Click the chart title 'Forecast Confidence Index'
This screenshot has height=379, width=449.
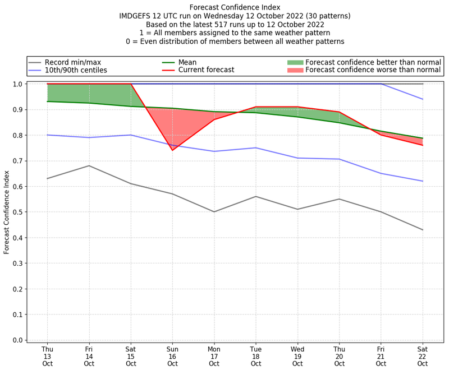click(x=235, y=7)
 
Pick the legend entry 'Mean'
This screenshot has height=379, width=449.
click(x=203, y=62)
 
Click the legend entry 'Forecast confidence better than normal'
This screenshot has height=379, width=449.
click(x=373, y=62)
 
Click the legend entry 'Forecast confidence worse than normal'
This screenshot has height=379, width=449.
click(x=373, y=70)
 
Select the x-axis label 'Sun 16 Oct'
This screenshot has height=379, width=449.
click(x=172, y=355)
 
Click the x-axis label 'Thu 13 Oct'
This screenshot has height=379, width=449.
click(x=47, y=355)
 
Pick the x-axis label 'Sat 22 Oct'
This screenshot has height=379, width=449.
click(x=423, y=355)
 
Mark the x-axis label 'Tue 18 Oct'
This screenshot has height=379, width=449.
click(x=256, y=355)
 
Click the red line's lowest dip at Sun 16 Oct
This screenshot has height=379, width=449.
click(x=172, y=150)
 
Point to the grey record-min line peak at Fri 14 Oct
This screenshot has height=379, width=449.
click(x=89, y=165)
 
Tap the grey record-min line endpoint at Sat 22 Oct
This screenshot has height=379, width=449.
click(x=423, y=230)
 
